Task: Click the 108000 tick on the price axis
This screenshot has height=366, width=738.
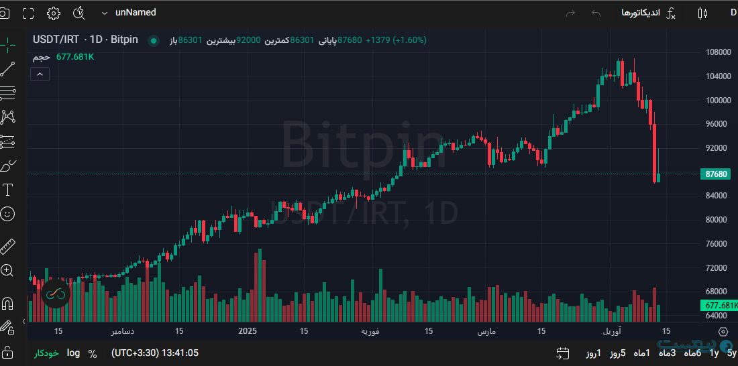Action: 718,52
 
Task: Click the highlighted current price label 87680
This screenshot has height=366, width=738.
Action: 717,174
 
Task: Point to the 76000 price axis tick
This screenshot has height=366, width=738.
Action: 718,244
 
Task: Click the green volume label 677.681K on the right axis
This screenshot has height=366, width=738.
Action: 721,306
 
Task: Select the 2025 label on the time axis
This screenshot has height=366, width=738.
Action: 248,331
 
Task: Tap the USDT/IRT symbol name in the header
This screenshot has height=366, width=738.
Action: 56,40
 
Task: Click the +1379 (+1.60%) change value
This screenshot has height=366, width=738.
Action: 396,40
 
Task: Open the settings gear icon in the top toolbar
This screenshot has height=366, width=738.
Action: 54,13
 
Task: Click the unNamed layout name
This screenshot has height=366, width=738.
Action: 136,13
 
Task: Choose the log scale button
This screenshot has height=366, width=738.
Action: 73,353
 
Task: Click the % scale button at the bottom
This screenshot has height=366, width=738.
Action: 93,353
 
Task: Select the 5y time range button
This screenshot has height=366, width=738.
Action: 731,353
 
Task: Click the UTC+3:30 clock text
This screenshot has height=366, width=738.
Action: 155,353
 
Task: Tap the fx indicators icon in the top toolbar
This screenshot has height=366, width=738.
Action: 671,13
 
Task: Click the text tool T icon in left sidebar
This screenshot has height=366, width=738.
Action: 8,190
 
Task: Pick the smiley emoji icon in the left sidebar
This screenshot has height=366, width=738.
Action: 8,215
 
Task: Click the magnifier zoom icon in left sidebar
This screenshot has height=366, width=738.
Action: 8,271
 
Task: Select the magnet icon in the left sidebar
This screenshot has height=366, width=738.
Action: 8,304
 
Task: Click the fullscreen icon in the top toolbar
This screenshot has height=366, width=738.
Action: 28,13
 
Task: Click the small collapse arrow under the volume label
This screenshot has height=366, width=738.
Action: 40,74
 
